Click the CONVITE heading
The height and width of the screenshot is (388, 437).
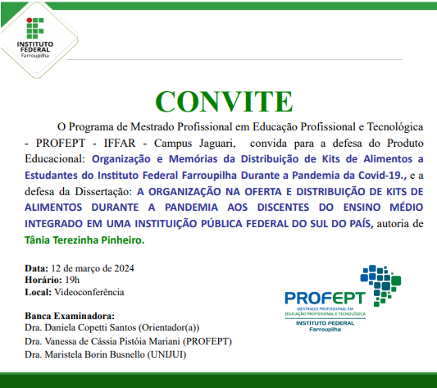tap(223, 100)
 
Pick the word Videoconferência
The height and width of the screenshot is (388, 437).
tap(88, 291)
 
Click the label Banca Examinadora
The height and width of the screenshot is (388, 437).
tap(70, 316)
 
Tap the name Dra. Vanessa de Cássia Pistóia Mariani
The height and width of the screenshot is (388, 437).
tap(102, 341)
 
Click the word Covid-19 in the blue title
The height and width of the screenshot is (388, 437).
tap(357, 174)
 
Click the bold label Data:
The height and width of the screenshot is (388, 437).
tap(36, 268)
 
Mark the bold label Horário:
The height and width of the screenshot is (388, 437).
tap(42, 280)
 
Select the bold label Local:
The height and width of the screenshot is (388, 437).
tap(38, 291)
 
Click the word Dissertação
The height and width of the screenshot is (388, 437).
tap(106, 190)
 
